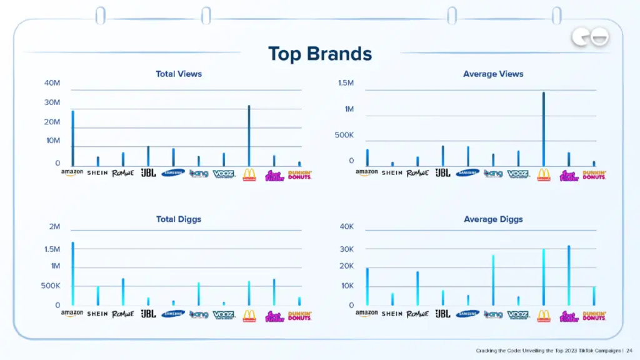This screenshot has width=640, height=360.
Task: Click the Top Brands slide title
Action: pyautogui.click(x=319, y=54)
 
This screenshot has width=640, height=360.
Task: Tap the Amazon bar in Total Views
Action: pyautogui.click(x=72, y=138)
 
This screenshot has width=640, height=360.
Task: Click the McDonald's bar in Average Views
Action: pyautogui.click(x=543, y=129)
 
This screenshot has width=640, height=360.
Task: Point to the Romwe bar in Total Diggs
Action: pyautogui.click(x=123, y=292)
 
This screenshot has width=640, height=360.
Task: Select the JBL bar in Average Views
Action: pyautogui.click(x=442, y=156)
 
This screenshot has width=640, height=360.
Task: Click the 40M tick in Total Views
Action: pyautogui.click(x=52, y=83)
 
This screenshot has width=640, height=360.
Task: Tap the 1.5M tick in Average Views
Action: pyautogui.click(x=346, y=83)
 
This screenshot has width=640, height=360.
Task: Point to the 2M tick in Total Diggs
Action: pyautogui.click(x=54, y=226)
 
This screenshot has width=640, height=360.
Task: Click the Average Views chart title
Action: pyautogui.click(x=493, y=74)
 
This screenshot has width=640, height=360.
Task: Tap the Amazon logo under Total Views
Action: pyautogui.click(x=72, y=173)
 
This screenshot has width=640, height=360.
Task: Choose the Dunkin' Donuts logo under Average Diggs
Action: pyautogui.click(x=594, y=316)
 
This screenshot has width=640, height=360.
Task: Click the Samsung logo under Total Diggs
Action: pyautogui.click(x=173, y=314)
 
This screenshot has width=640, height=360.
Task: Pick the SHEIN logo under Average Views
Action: pyautogui.click(x=392, y=172)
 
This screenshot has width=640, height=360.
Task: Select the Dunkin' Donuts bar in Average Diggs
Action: pyautogui.click(x=594, y=296)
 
